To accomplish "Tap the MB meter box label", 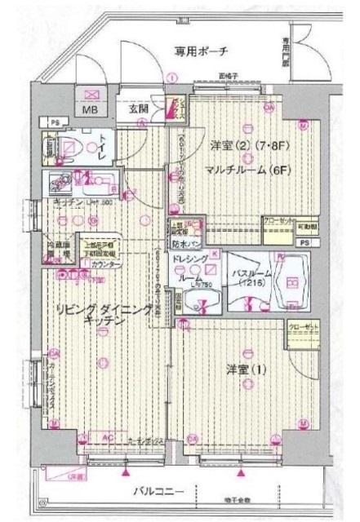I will [x=87, y=109].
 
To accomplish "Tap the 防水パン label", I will [x=184, y=241].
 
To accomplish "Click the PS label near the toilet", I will [x=54, y=122].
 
